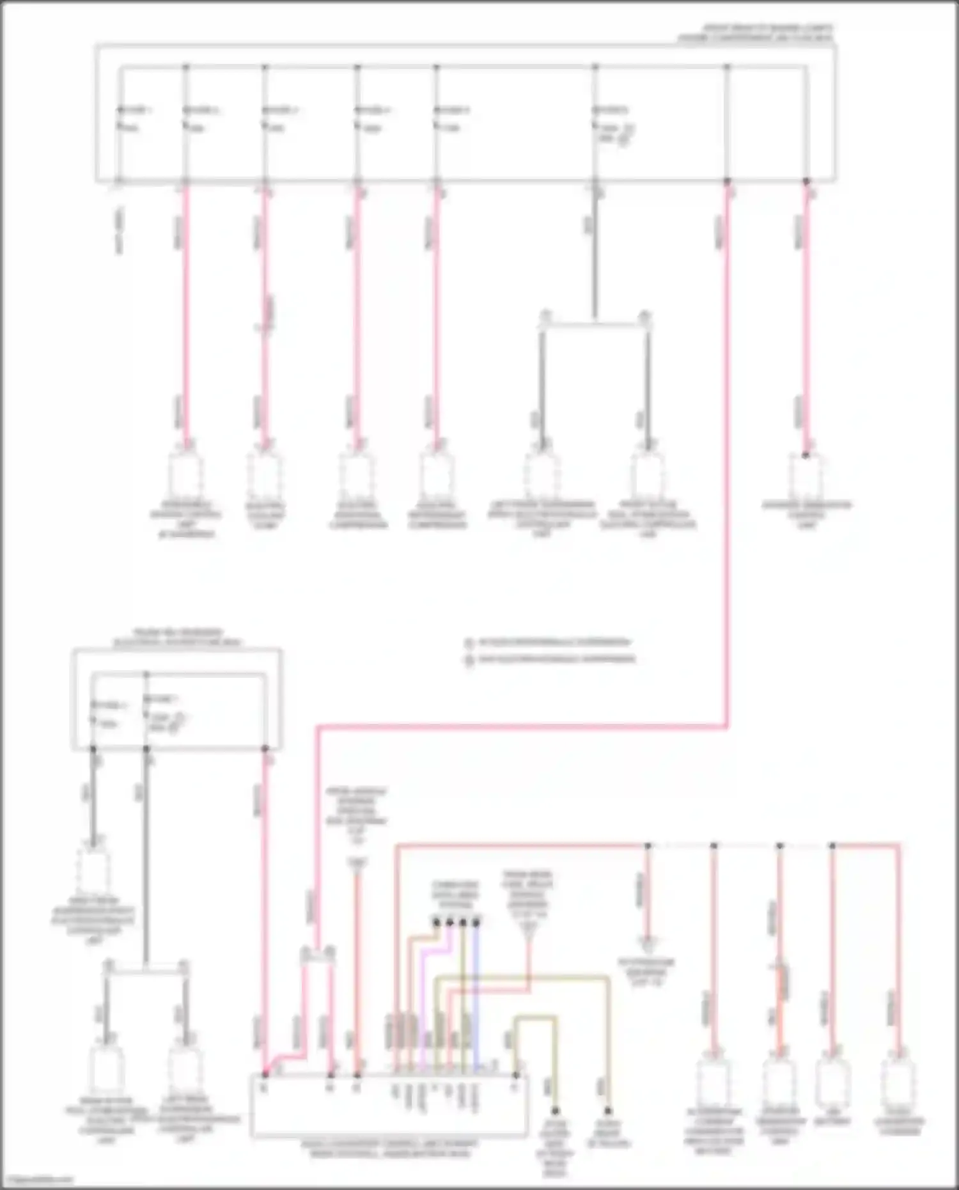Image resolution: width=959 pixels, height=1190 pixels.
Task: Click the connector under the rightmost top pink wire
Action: [806, 476]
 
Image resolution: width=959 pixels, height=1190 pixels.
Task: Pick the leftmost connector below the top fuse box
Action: [185, 476]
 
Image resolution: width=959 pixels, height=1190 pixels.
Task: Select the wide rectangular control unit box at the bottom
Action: [389, 1106]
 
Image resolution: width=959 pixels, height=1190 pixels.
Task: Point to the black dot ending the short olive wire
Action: [555, 1111]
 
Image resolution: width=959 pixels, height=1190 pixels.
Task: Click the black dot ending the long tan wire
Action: [608, 1111]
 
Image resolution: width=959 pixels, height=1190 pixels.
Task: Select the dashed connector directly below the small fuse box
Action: [94, 870]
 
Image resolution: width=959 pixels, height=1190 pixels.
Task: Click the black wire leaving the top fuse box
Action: [595, 256]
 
